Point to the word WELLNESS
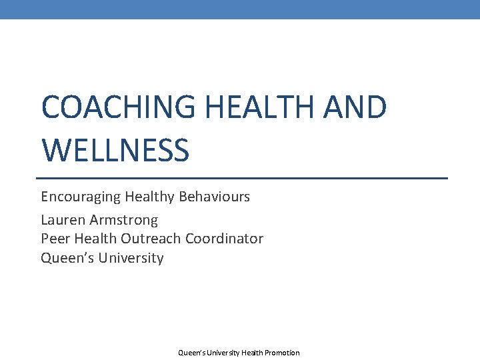click(115, 150)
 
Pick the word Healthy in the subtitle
click(148, 197)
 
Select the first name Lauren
click(61, 219)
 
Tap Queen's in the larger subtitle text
click(67, 258)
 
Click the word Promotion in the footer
click(282, 353)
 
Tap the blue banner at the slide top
click(240, 9)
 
